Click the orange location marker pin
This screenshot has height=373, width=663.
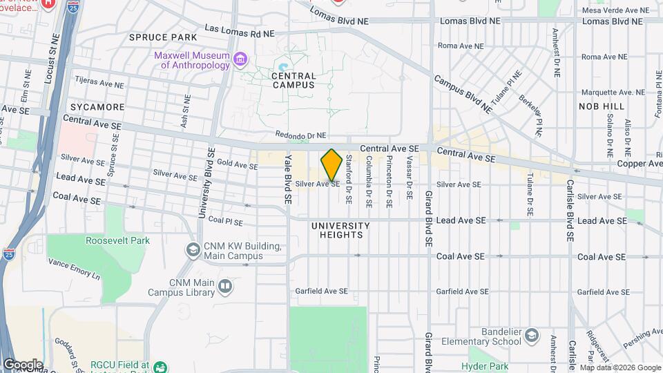[x=331, y=165]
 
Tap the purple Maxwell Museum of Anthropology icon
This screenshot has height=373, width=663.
[x=240, y=59]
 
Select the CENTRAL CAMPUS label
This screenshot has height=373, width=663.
[x=294, y=80]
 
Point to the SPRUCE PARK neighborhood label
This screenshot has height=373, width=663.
[x=162, y=37]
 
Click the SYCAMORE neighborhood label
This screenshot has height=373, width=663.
[x=97, y=107]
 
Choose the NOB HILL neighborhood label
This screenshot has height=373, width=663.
[x=602, y=106]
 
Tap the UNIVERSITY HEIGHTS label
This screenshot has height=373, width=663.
[x=340, y=230]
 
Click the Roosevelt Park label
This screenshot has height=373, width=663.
[x=117, y=240]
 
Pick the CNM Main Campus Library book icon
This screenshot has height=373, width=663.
[x=225, y=285]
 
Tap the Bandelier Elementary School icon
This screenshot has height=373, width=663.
[x=531, y=336]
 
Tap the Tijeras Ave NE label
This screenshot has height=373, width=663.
[x=99, y=82]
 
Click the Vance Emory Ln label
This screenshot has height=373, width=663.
[x=74, y=268]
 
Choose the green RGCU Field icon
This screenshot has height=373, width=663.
[x=160, y=367]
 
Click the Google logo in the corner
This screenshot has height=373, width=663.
[x=23, y=364]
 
